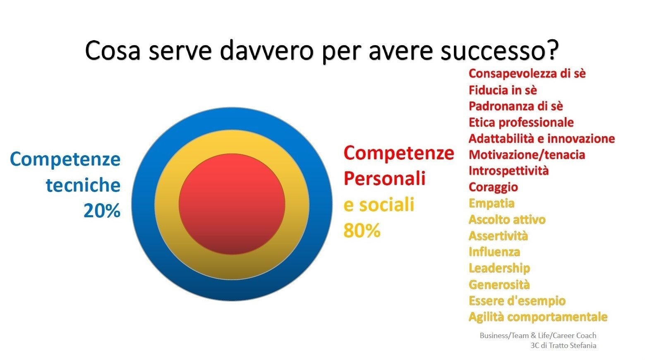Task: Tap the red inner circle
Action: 232,204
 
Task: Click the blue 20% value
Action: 102,211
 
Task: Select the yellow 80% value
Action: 362,230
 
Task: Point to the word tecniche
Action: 83,185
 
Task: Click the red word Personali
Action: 384,179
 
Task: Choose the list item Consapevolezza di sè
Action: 527,74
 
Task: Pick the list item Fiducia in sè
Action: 502,90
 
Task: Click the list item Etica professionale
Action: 521,122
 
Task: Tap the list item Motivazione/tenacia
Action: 526,155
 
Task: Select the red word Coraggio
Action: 493,187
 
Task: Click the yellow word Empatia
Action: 491,203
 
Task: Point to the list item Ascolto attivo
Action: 506,219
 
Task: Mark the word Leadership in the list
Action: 499,268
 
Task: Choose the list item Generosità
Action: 499,284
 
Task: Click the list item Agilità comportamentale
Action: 537,317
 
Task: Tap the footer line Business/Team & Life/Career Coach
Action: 537,336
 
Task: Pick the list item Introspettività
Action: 508,171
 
